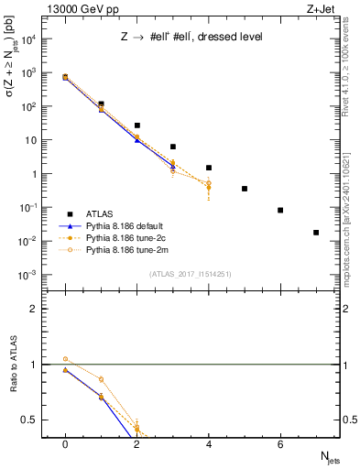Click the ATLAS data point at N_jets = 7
tap(316, 233)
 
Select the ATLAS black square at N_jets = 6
tap(280, 211)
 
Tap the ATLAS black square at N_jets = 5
tap(245, 189)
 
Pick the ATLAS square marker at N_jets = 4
tap(209, 168)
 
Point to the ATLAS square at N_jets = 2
tap(136, 125)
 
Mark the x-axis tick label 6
tap(280, 443)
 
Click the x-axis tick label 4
tap(209, 443)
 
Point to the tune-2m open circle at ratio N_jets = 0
tap(65, 359)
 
